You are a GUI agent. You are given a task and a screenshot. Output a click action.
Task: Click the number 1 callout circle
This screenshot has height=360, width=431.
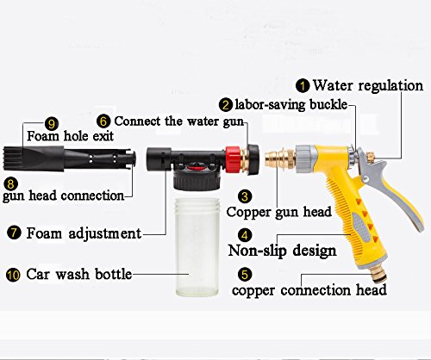click(303, 86)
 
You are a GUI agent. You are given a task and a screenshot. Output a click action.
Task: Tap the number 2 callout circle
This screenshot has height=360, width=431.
click(226, 105)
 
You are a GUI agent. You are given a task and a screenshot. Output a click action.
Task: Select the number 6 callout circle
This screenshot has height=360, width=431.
click(103, 121)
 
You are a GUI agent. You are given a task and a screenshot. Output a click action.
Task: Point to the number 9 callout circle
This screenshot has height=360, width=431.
click(52, 124)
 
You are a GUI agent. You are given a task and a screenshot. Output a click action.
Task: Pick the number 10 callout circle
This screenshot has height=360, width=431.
click(13, 275)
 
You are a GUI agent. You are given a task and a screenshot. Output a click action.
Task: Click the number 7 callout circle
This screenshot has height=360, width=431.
click(14, 233)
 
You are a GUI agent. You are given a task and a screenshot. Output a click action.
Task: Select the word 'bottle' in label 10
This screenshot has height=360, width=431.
click(113, 274)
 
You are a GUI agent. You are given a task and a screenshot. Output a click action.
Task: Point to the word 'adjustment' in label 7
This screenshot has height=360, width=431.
click(105, 233)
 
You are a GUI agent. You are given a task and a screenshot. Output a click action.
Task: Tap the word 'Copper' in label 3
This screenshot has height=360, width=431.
click(249, 212)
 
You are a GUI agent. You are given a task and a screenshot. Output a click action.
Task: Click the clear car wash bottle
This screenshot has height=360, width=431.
click(197, 247)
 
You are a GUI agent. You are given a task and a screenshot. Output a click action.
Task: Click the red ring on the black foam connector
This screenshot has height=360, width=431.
click(233, 159)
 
